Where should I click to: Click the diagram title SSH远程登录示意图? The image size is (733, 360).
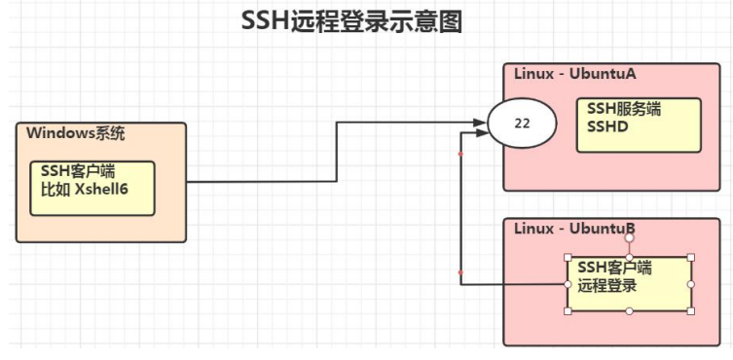(x=351, y=22)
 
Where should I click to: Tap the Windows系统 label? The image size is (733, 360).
(x=76, y=133)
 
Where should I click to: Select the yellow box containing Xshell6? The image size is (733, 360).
(x=92, y=188)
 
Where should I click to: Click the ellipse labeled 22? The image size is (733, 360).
(x=521, y=125)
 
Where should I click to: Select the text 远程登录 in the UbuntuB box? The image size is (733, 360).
(x=607, y=286)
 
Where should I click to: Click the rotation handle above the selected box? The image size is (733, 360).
(x=630, y=237)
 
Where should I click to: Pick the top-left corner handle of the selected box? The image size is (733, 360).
(x=568, y=257)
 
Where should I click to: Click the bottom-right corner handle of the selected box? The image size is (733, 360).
(x=691, y=311)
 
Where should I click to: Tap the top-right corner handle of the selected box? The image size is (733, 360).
(x=691, y=257)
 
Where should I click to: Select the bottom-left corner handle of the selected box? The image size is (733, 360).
(x=568, y=311)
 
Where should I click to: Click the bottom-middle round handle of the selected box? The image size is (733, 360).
(x=630, y=311)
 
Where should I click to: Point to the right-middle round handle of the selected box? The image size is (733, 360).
(x=691, y=284)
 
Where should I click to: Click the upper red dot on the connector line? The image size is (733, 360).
(x=459, y=154)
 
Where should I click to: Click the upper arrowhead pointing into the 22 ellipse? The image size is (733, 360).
(x=479, y=123)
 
